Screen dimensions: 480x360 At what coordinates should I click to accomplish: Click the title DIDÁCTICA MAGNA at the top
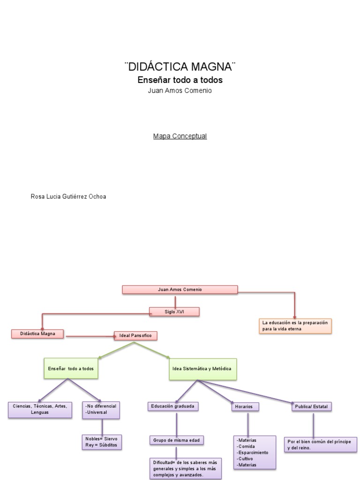(180, 66)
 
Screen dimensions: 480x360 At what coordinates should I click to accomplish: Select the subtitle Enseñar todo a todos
(180, 80)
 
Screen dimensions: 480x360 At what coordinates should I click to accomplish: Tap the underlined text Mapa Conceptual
(180, 136)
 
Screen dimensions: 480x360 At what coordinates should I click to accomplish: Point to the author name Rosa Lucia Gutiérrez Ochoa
(68, 196)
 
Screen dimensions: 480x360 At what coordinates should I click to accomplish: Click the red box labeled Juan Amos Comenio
(180, 290)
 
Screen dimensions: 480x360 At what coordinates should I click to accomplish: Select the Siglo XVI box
(174, 312)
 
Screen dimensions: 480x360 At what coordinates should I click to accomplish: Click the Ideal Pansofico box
(135, 336)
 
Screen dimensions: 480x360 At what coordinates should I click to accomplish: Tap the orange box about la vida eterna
(295, 326)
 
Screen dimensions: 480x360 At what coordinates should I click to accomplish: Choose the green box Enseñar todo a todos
(71, 369)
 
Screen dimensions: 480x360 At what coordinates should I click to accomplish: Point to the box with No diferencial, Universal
(101, 409)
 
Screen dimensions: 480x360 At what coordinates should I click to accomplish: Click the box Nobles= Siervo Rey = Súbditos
(101, 442)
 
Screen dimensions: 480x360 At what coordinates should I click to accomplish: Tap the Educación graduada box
(172, 406)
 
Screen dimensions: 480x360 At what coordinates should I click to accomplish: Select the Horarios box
(245, 406)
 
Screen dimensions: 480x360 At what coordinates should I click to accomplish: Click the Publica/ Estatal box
(312, 407)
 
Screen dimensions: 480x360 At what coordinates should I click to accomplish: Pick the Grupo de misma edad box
(177, 440)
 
